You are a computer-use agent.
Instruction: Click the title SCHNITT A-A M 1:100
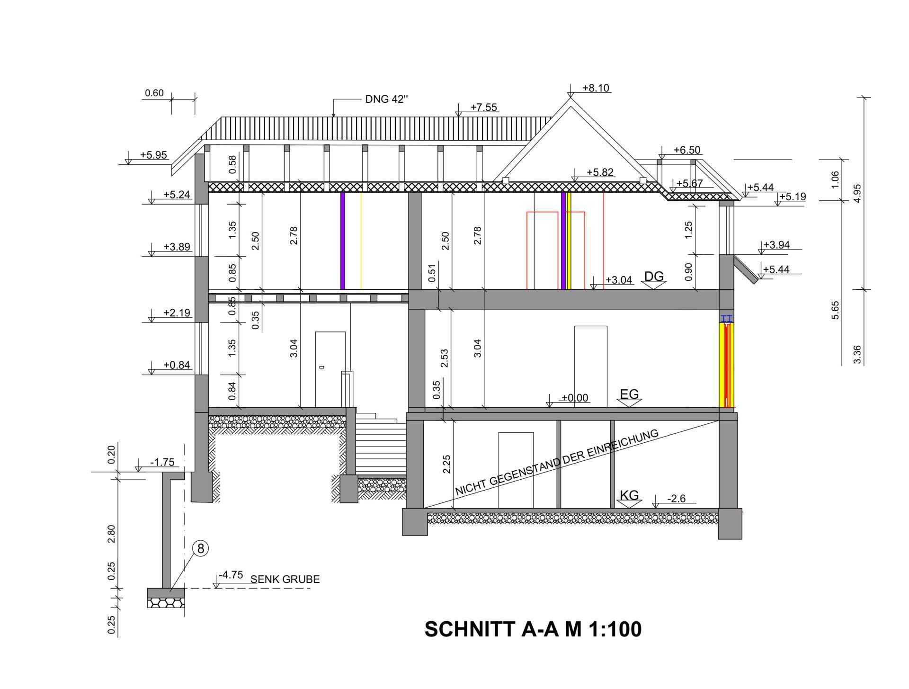pyautogui.click(x=533, y=629)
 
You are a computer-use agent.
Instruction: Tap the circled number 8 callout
pyautogui.click(x=200, y=548)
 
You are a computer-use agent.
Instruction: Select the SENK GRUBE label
pyautogui.click(x=285, y=579)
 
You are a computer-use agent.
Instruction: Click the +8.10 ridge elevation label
pyautogui.click(x=596, y=88)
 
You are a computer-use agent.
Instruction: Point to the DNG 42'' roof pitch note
pyautogui.click(x=386, y=99)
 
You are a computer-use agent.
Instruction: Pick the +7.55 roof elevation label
pyautogui.click(x=484, y=107)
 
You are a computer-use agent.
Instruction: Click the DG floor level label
pyautogui.click(x=654, y=277)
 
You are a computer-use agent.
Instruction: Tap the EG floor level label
pyautogui.click(x=629, y=394)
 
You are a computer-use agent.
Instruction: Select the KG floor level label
pyautogui.click(x=629, y=495)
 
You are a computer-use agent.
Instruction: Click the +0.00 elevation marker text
pyautogui.click(x=575, y=398)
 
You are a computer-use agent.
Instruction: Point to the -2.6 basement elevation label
pyautogui.click(x=676, y=499)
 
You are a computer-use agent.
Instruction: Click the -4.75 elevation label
pyautogui.click(x=231, y=575)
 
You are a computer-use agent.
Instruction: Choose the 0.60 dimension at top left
pyautogui.click(x=154, y=93)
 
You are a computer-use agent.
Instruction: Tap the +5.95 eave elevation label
pyautogui.click(x=153, y=155)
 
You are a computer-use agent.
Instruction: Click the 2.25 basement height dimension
pyautogui.click(x=446, y=464)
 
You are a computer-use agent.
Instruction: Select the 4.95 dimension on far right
pyautogui.click(x=857, y=193)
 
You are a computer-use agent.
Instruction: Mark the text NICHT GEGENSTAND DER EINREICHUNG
pyautogui.click(x=557, y=462)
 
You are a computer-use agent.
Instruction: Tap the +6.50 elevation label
pyautogui.click(x=687, y=150)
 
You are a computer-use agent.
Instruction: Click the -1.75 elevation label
pyautogui.click(x=162, y=462)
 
